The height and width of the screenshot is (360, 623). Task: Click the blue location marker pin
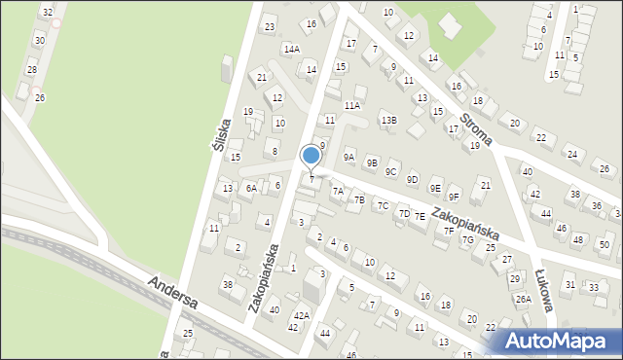311,156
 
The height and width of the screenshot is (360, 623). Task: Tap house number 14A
291,48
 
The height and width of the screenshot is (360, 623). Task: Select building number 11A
352,105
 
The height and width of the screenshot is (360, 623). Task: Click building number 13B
388,120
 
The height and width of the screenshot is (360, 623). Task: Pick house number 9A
348,157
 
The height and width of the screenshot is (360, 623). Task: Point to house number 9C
390,171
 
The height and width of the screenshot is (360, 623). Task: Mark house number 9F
454,197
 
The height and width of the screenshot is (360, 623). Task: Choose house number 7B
359,200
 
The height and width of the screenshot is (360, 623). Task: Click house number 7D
404,212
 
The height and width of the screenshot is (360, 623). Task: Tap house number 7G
467,239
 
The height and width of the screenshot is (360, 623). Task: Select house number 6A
251,188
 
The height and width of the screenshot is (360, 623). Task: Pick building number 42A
302,315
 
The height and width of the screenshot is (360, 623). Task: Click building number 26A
523,299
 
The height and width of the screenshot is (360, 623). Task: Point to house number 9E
435,188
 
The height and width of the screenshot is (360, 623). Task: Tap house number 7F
448,231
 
